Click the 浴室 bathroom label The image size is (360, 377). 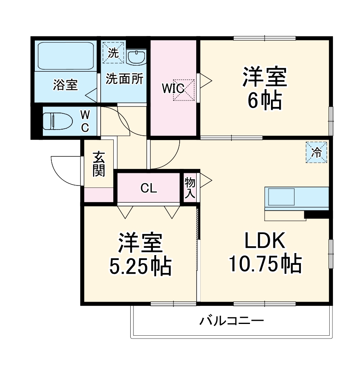(65, 85)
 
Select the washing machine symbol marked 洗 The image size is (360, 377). (113, 53)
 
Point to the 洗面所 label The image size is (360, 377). (124, 79)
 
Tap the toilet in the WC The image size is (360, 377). (57, 120)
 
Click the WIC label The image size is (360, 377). (174, 87)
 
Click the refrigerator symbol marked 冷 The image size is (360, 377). (316, 152)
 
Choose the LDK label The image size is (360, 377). (265, 242)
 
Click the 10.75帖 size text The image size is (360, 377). (265, 264)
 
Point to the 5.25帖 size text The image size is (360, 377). (140, 266)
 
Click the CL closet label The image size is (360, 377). (148, 188)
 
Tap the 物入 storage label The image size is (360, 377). (190, 188)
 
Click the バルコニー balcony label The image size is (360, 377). (232, 322)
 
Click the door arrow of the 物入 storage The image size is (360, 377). (205, 181)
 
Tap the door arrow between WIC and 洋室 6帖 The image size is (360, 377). (205, 79)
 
